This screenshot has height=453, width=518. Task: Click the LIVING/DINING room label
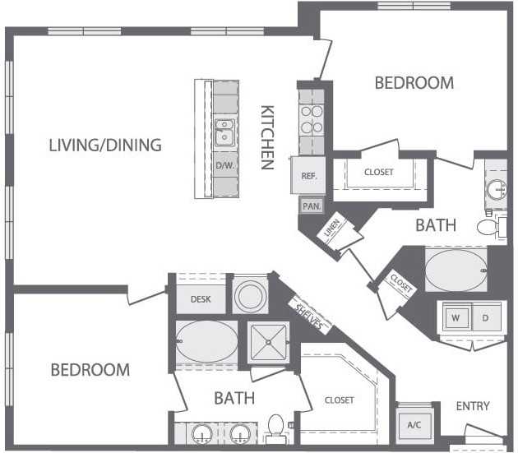point(105,146)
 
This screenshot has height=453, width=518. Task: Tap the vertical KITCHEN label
point(267,137)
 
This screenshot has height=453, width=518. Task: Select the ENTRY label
point(472,406)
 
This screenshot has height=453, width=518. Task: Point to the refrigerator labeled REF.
point(309,175)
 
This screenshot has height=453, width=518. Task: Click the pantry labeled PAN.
point(311,206)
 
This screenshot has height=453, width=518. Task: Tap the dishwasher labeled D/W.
point(224,165)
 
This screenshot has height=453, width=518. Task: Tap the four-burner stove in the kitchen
point(312,119)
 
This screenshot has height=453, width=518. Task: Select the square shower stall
point(267,340)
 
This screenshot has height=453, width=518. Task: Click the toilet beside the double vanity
point(276,428)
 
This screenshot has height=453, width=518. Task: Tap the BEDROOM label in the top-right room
point(414,82)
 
